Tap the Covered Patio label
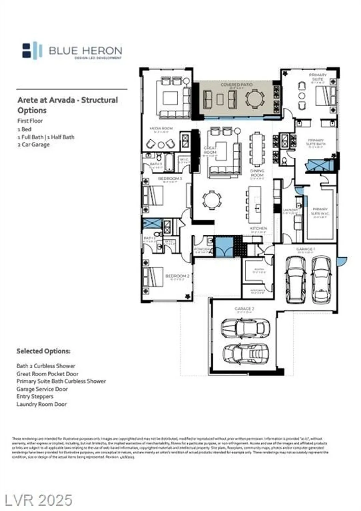tap(236, 84)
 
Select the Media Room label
tap(161, 128)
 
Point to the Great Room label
tap(210, 150)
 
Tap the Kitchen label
tap(258, 228)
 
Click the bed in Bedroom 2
tap(153, 276)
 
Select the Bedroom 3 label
tap(170, 179)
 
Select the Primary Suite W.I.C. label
tap(320, 211)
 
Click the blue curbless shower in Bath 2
tap(152, 224)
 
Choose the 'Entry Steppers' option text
tap(35, 397)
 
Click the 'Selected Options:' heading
tap(43, 351)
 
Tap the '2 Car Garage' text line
tap(33, 144)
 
